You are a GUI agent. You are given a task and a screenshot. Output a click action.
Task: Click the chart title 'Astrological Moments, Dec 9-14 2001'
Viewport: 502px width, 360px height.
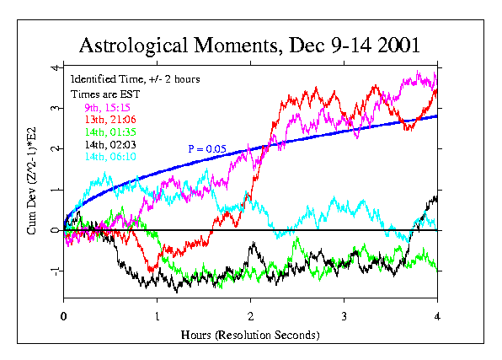[250, 44]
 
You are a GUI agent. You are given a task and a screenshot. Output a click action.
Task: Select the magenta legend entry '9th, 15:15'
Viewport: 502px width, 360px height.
[107, 108]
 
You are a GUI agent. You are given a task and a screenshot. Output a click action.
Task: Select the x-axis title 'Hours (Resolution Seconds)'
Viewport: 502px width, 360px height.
[250, 335]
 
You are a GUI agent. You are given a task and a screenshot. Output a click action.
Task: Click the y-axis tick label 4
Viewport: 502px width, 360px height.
[54, 67]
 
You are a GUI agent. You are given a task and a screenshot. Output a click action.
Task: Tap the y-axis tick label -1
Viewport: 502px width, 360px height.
[52, 271]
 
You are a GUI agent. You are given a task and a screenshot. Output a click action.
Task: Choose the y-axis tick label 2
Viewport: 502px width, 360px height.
[54, 148]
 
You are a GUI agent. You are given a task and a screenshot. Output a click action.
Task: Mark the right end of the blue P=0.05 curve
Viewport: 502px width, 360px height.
[436, 116]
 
